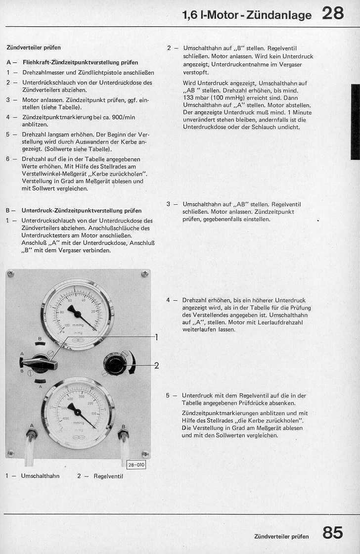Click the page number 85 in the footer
click(333, 533)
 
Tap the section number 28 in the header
click(333, 13)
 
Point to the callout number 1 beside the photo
click(156, 337)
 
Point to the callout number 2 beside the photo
click(156, 366)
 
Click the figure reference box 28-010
click(136, 465)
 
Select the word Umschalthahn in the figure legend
click(40, 476)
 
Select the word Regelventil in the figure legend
click(108, 476)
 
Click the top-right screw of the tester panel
click(145, 274)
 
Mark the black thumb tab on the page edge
click(355, 122)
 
